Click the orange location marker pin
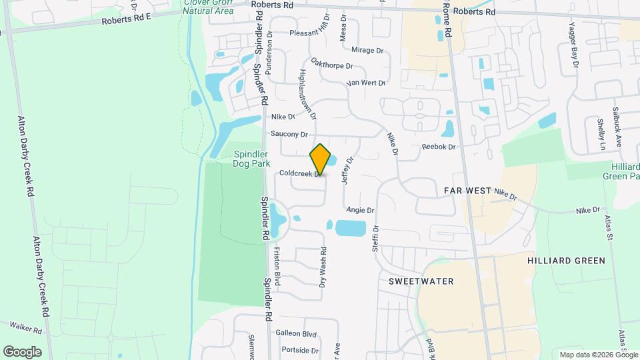point(320,159)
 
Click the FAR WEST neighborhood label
point(467,191)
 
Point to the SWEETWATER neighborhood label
point(421,281)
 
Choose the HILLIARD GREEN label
point(566,261)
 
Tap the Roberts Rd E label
point(127,20)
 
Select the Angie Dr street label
point(360,210)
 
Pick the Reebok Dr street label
point(438,147)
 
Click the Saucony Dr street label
point(289,133)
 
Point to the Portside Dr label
point(301,350)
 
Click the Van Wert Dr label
point(366,83)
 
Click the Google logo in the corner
point(22,351)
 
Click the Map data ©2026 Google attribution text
point(597,355)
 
